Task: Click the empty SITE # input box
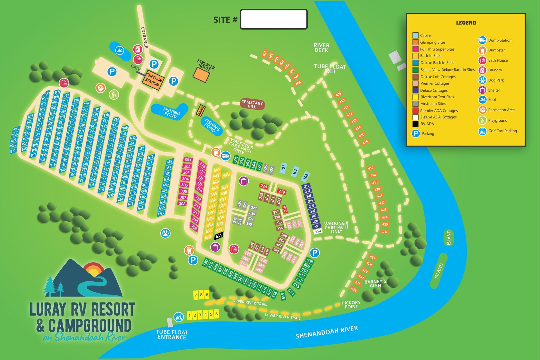point(273,19)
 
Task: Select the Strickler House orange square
point(201,74)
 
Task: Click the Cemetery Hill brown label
point(252,104)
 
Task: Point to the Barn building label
point(201,110)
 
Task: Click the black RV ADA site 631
point(219,236)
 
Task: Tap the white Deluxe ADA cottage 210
point(318,231)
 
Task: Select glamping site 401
point(265,53)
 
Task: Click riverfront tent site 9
point(207,295)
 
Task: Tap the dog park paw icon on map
point(165,233)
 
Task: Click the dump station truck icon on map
point(226,155)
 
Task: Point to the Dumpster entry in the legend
point(496,50)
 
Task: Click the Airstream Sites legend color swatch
point(415,103)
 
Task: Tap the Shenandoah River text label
point(327,332)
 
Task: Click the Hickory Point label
point(351,305)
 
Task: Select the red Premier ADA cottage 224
point(264,186)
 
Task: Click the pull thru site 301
point(188,160)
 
